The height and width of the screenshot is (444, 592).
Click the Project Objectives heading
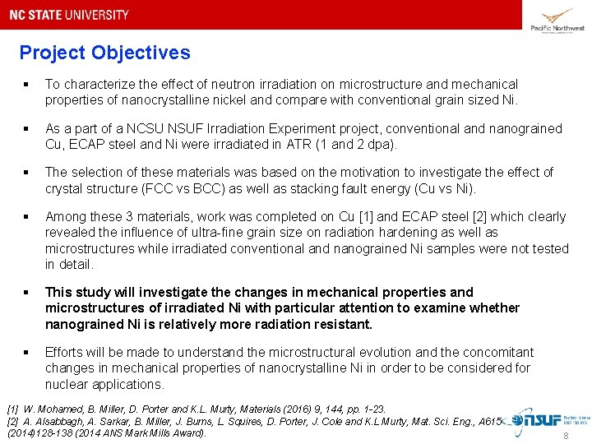click(x=104, y=53)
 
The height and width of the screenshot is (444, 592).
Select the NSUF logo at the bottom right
click(x=543, y=420)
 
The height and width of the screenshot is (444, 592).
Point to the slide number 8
click(x=565, y=437)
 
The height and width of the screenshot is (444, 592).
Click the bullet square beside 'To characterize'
click(x=27, y=85)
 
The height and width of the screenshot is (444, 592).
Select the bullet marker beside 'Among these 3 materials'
click(x=27, y=217)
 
